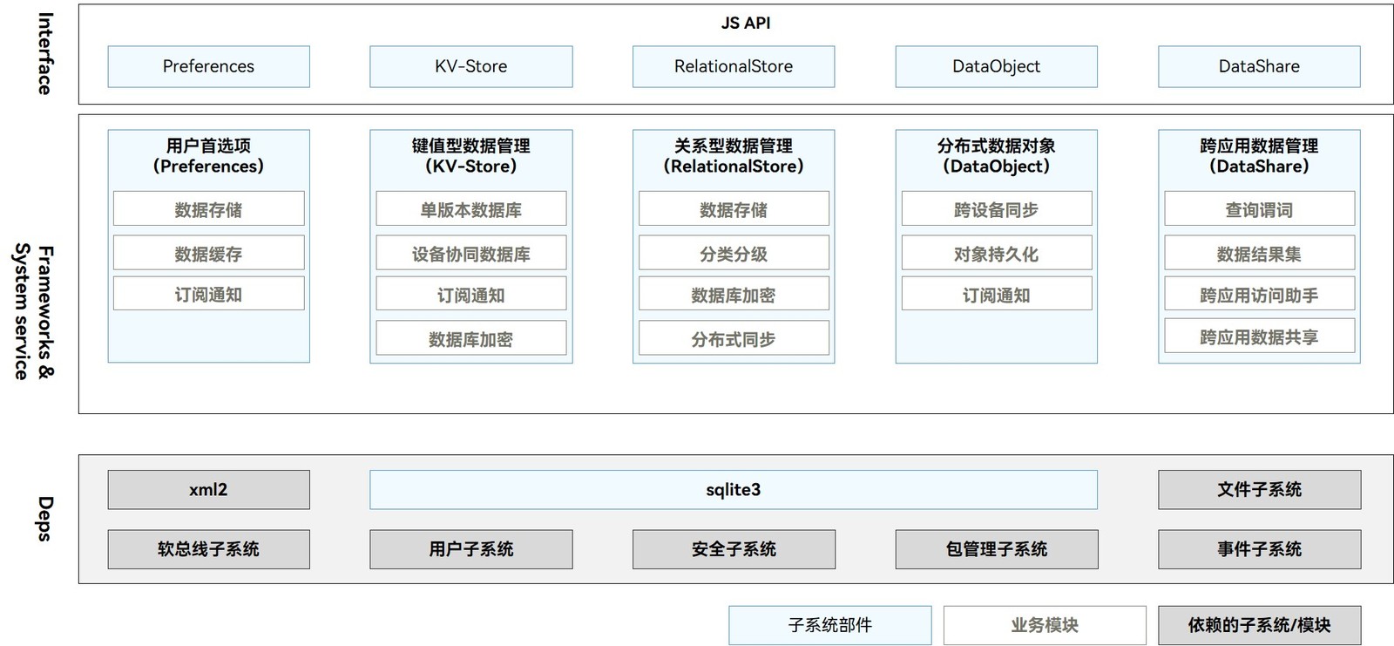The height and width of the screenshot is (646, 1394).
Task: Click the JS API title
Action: [746, 23]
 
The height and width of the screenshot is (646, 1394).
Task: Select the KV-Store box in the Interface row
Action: [471, 66]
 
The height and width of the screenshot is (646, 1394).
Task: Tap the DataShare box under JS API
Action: [1259, 66]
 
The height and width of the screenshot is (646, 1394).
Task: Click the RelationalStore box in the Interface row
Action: [734, 66]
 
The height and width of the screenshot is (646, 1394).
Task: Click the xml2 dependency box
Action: [208, 490]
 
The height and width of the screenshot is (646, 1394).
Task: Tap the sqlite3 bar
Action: [733, 490]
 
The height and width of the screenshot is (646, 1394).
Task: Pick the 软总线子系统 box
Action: [208, 549]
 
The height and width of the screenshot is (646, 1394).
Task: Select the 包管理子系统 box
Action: [997, 549]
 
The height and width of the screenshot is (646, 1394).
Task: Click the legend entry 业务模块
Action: [1045, 625]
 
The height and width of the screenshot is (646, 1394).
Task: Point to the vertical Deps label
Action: [44, 519]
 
